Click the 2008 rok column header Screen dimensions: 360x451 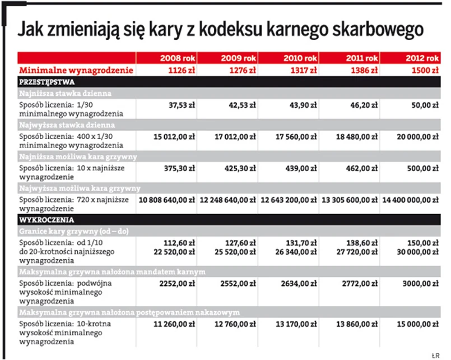coord(178,58)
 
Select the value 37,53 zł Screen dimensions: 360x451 coord(180,105)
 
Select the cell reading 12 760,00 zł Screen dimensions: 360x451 coord(235,324)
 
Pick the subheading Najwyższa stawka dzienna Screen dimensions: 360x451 coord(67,124)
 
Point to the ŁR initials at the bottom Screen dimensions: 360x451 coord(434,354)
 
